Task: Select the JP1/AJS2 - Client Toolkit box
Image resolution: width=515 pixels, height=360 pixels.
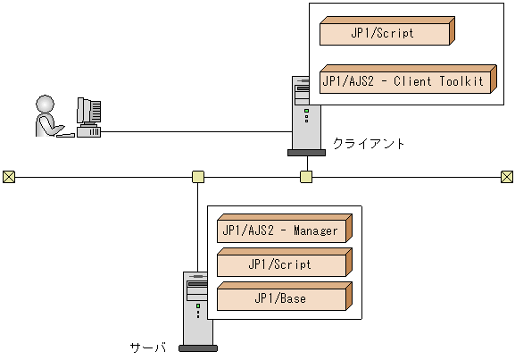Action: tap(403, 81)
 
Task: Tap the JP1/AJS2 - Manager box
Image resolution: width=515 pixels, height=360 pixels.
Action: tap(280, 231)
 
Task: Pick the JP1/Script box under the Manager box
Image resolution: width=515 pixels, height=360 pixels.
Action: tap(280, 264)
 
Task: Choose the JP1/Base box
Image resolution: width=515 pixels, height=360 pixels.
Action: tap(280, 298)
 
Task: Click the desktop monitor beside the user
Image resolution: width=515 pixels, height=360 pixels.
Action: tap(88, 113)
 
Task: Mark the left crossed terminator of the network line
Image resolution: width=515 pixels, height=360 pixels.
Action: tap(9, 176)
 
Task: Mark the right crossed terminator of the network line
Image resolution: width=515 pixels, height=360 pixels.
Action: tap(506, 176)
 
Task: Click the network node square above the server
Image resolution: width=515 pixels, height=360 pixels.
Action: tap(198, 176)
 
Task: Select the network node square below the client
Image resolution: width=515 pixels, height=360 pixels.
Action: tap(306, 176)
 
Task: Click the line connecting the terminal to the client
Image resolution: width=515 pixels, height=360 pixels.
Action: tap(196, 133)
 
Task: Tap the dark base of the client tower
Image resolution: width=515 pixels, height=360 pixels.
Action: tap(306, 152)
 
